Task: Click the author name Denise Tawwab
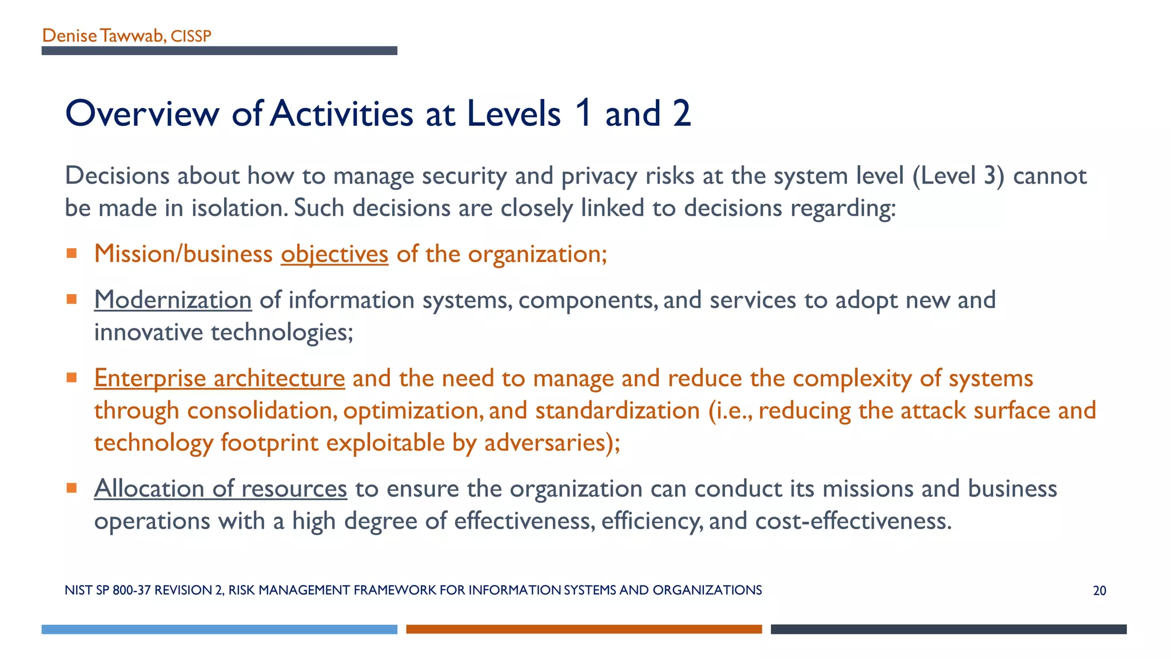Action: click(103, 35)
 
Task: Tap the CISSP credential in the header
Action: click(191, 36)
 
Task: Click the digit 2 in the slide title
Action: click(682, 113)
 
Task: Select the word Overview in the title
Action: click(142, 113)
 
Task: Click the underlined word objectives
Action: click(334, 254)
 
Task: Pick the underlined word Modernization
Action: click(173, 300)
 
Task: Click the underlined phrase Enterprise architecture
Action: click(220, 378)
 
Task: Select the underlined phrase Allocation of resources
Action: click(221, 489)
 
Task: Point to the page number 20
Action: click(1099, 591)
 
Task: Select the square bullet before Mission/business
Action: click(71, 253)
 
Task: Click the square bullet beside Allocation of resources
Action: click(71, 488)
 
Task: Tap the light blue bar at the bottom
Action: click(219, 629)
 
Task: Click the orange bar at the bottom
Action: click(584, 629)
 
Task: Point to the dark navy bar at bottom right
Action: click(948, 629)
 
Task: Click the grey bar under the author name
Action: click(219, 51)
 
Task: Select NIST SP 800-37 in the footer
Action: click(107, 590)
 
